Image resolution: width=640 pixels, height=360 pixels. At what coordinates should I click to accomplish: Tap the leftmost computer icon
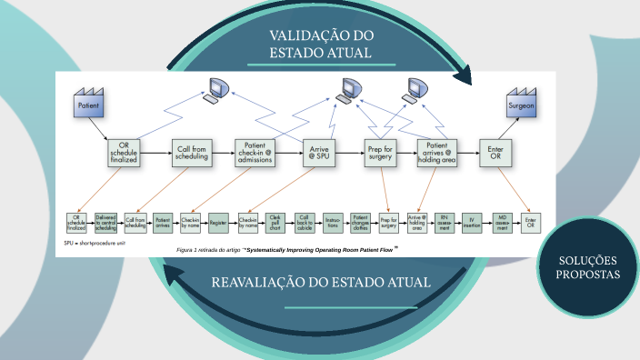coord(216,90)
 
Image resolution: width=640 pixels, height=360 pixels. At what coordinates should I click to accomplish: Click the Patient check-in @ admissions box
coord(255,153)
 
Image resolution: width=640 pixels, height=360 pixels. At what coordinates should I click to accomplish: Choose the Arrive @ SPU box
coord(319,152)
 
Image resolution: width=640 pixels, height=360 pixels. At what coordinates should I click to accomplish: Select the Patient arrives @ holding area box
coord(436,152)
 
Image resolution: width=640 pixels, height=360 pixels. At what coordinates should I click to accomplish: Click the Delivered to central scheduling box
coord(106,222)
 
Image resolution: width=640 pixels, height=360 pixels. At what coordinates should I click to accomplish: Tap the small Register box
coord(218,222)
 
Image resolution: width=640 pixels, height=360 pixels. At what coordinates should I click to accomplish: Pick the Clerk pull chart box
coord(276,222)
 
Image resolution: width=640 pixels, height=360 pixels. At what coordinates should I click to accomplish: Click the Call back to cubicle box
coord(305,222)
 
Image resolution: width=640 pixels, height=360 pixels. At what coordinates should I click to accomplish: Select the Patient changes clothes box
coord(360,222)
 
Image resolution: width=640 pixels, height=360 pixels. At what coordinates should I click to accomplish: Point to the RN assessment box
coord(445,222)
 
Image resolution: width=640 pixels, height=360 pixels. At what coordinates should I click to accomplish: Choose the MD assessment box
coord(502,222)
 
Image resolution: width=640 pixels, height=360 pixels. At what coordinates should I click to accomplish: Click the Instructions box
coord(332,222)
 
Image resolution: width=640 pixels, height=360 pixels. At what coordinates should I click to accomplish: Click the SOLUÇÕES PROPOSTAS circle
coord(588,266)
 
